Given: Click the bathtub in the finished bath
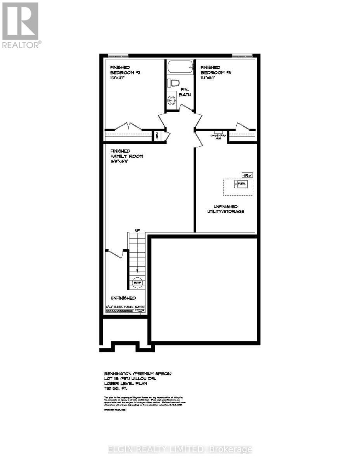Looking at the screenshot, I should point(180,68).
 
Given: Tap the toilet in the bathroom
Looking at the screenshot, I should point(173,83).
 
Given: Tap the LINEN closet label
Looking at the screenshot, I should point(157,136).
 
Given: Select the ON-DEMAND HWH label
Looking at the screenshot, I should point(218,136).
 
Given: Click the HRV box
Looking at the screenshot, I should point(247,176).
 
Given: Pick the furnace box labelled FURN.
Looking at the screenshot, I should point(240,184).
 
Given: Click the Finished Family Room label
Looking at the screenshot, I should point(126,153).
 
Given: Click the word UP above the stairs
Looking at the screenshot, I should point(137,231).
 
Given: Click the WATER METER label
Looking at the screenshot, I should point(140,309).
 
